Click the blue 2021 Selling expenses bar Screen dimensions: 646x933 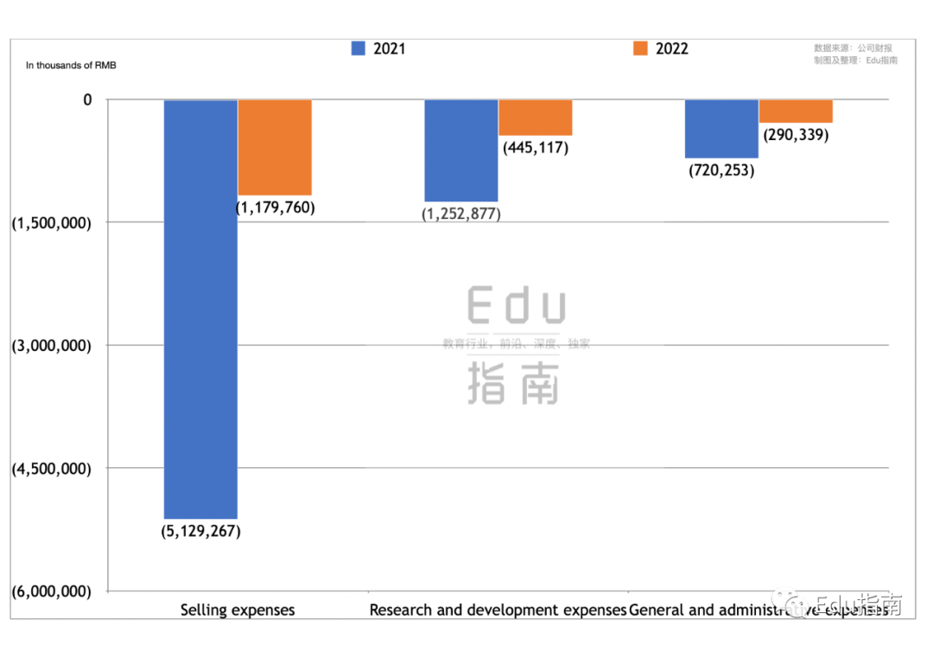[200, 309]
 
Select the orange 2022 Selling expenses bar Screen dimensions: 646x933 [275, 147]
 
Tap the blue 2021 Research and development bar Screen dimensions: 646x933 [460, 150]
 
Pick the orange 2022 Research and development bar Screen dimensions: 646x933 [535, 118]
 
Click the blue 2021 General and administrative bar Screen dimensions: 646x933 [721, 129]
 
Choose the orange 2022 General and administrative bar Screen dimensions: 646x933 [796, 111]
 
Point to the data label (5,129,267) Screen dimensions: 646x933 [200, 531]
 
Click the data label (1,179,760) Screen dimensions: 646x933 [276, 208]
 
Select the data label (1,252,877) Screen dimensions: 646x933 [461, 214]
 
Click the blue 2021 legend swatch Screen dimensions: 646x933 [359, 48]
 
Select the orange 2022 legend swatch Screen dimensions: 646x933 [640, 48]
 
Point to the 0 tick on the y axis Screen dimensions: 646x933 [87, 100]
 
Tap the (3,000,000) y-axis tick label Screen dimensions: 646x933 [51, 346]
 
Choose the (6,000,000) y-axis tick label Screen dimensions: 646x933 [51, 592]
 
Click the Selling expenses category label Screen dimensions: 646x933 [238, 610]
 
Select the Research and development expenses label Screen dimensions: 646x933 [498, 610]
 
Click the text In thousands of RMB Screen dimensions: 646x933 [71, 65]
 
